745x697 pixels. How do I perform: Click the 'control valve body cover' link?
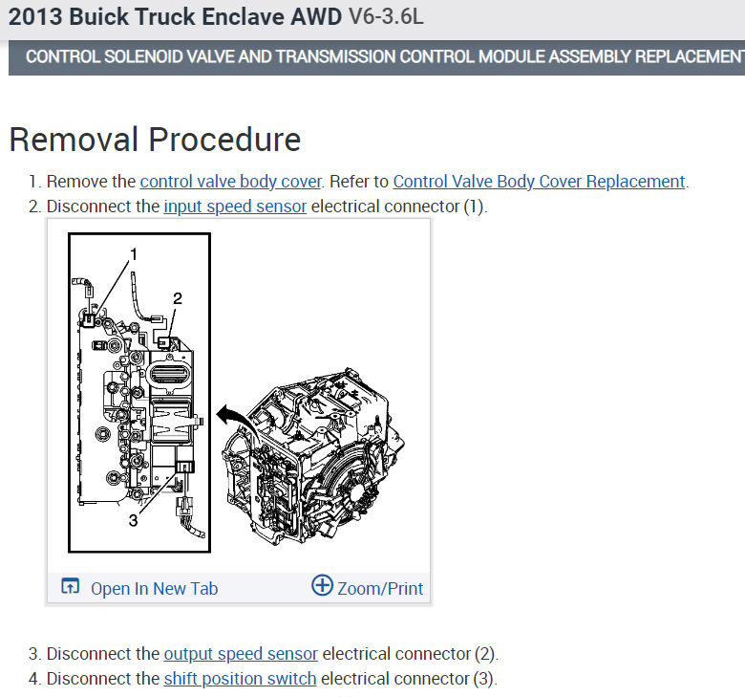coord(230,182)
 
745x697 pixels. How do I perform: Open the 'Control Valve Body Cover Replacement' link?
coord(539,182)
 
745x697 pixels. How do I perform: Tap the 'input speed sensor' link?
coord(235,207)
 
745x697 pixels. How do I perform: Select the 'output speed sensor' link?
coord(241,654)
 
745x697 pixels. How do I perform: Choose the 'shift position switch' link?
coord(240,679)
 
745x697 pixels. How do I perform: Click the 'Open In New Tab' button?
coord(154,588)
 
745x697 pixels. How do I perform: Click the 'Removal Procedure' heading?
coord(155,140)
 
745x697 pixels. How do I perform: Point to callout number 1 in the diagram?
coord(134,254)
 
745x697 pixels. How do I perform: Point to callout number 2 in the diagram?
coord(177,298)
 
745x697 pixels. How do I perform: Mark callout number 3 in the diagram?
coord(133,521)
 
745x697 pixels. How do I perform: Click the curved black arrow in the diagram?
coord(228,414)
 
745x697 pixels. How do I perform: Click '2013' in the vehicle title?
coord(32,17)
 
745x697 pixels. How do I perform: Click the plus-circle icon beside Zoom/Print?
coord(323,586)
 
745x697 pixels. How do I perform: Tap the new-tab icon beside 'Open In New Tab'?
coord(71,587)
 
